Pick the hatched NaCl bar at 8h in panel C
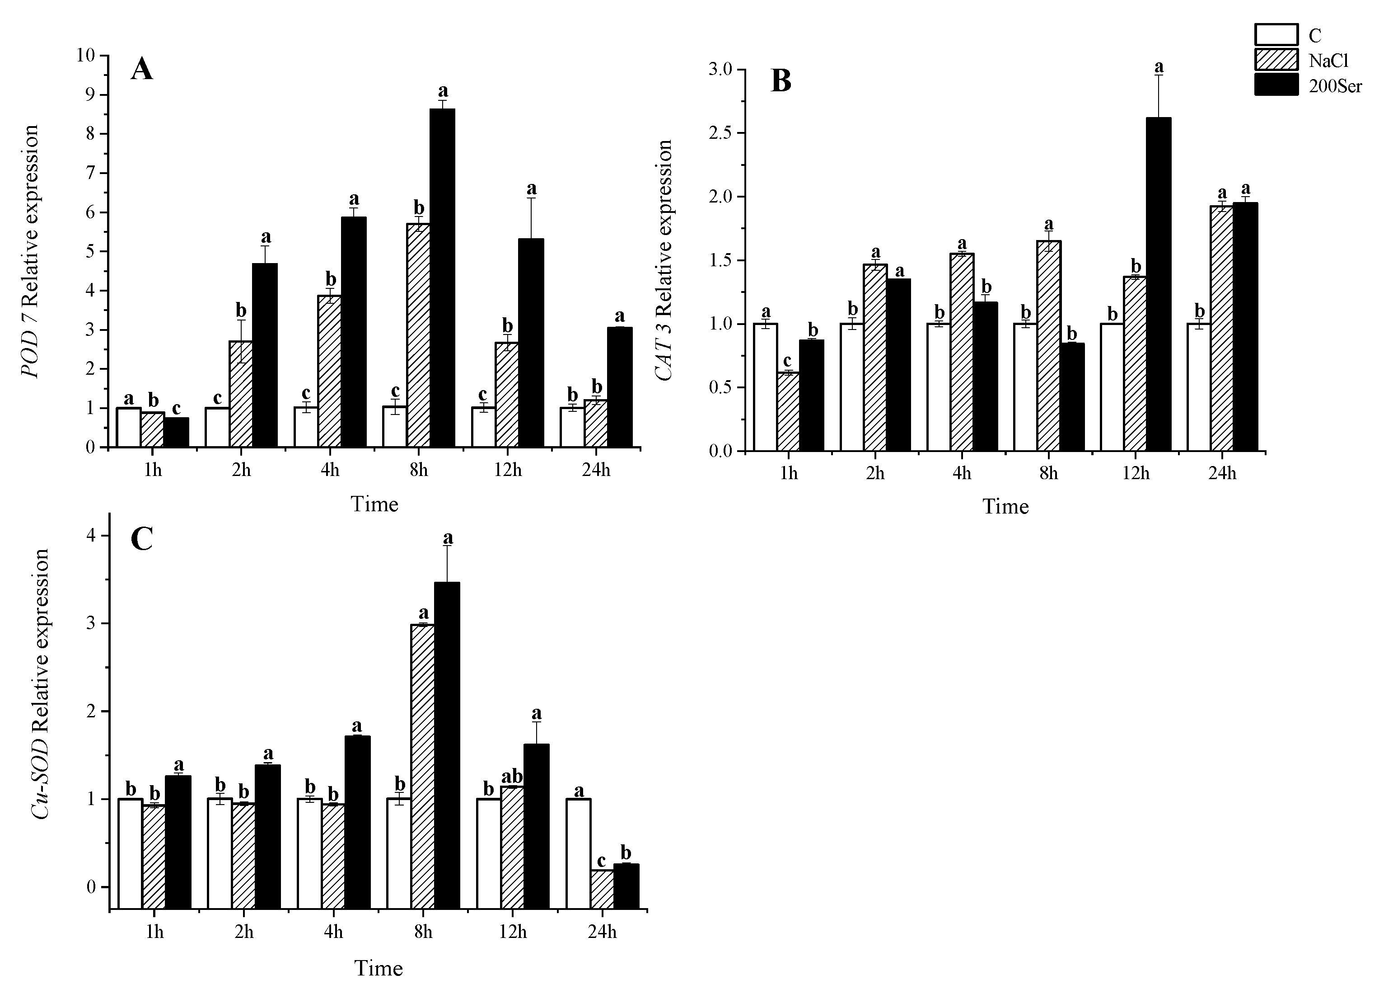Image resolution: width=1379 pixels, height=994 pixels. click(423, 767)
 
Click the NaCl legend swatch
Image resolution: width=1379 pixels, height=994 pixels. click(1277, 60)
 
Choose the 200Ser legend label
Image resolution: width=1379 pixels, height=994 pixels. click(1335, 86)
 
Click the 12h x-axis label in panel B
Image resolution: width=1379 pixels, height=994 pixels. click(1135, 473)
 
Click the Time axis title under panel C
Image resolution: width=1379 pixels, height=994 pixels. click(378, 968)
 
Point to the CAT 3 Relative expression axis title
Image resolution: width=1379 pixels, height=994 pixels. click(664, 260)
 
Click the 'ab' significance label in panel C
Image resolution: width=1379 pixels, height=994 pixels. click(512, 777)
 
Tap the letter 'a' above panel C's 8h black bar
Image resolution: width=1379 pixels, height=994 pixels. click(448, 538)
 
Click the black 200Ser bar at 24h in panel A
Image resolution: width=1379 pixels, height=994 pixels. click(620, 387)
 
